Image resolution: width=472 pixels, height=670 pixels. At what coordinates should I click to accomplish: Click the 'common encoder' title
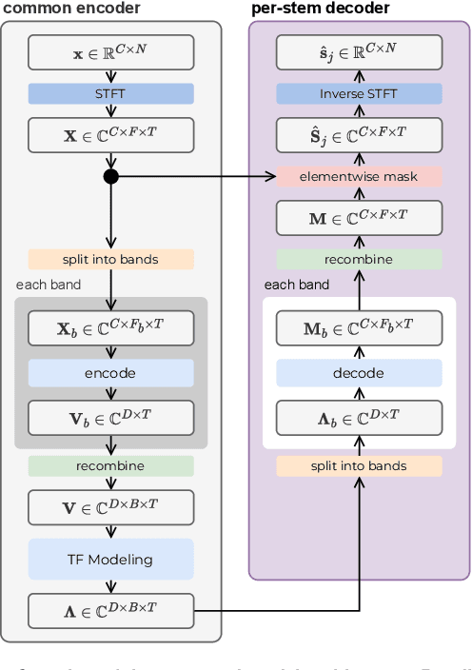(72, 9)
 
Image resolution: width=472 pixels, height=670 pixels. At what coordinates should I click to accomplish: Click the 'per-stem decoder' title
(320, 9)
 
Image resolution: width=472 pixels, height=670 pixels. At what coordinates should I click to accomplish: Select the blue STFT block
(110, 93)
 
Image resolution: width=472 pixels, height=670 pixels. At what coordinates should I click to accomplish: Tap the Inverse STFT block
(360, 93)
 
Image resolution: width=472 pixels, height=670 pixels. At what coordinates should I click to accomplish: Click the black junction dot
(110, 176)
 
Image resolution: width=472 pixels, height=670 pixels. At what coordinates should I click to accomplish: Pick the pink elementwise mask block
(360, 176)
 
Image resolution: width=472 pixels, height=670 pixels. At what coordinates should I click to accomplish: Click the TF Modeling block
(110, 559)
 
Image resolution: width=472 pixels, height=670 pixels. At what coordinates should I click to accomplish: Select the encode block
(110, 372)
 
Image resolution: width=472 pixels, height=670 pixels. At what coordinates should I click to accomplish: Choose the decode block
(360, 372)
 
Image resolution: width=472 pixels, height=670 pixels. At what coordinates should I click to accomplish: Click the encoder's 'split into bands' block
(110, 259)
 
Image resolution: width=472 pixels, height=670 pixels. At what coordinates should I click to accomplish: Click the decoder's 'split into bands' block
(360, 465)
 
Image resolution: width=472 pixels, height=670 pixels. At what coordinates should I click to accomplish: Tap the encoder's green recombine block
(110, 465)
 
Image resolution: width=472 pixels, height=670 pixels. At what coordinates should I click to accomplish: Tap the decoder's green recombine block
(360, 259)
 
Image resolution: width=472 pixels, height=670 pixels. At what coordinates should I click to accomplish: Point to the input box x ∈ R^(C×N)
(110, 52)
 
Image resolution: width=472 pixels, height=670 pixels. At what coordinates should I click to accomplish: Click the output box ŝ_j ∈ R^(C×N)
(360, 52)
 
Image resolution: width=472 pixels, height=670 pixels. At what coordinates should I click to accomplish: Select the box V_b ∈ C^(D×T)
(110, 417)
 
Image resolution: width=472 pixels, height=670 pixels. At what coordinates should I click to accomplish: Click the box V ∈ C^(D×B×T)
(110, 507)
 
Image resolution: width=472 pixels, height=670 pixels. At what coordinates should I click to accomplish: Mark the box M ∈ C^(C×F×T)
(360, 218)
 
